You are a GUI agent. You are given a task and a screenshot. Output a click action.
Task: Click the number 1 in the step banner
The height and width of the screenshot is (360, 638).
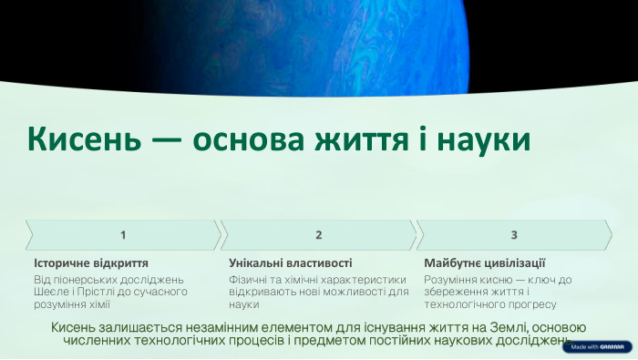(x=123, y=235)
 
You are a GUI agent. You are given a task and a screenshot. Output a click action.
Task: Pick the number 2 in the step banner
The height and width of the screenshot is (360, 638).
(x=319, y=235)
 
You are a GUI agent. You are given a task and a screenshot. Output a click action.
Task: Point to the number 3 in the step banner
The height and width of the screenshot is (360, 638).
(x=514, y=235)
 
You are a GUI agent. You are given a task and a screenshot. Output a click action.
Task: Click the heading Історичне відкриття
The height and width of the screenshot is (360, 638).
(x=90, y=262)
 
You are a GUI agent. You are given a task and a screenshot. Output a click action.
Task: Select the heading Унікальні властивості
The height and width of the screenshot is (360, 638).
(x=290, y=262)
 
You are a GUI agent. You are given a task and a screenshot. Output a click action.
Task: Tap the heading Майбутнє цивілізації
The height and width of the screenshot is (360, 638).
(x=484, y=262)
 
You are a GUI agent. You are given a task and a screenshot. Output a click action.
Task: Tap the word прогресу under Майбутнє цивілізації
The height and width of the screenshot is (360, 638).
(x=526, y=304)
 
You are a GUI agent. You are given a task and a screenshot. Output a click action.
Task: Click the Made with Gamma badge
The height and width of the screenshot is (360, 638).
(x=598, y=346)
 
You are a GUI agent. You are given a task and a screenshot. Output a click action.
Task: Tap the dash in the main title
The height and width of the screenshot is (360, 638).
(x=165, y=140)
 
